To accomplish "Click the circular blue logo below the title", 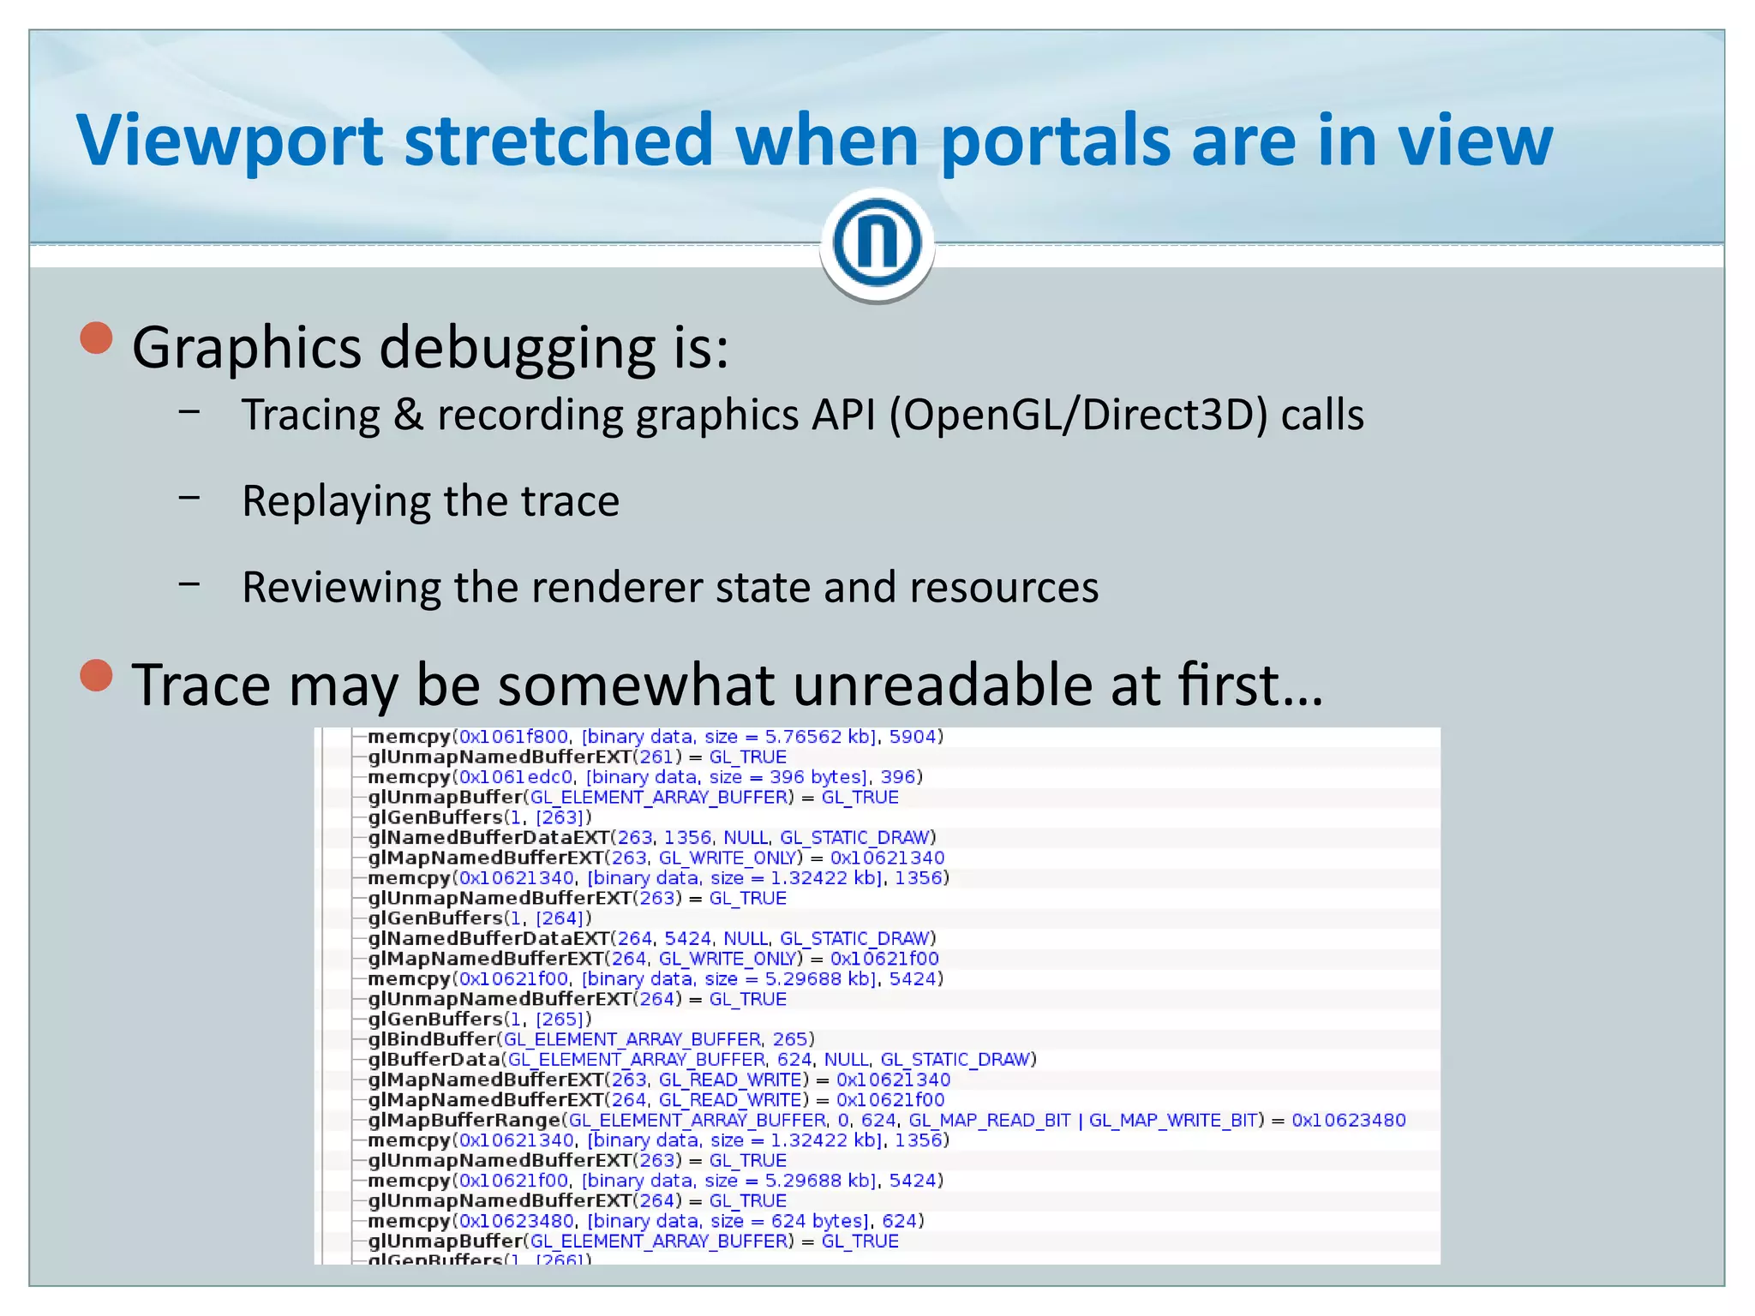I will pos(877,243).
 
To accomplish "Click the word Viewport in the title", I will pos(230,141).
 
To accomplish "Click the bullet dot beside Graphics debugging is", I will pos(97,338).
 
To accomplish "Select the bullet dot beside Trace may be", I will pos(97,675).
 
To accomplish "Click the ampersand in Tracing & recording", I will pos(409,416).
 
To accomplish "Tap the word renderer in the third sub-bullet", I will pos(617,588).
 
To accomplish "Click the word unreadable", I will pos(943,685).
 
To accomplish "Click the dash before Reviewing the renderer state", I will pos(189,584).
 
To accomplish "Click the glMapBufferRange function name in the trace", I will pos(464,1120).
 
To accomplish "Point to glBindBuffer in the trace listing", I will pos(432,1039).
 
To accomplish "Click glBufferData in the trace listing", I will pos(434,1060).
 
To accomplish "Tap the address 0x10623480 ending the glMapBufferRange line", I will pos(1348,1120).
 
